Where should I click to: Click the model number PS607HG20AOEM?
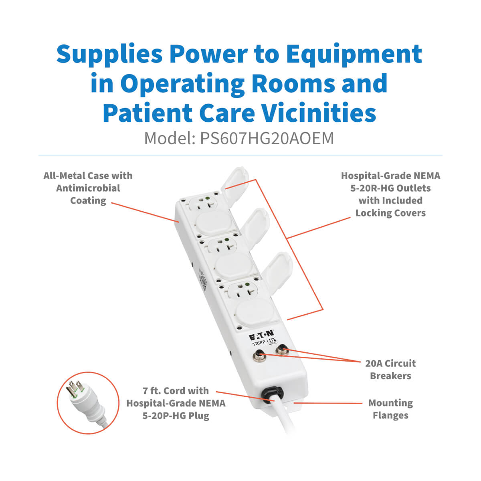(267, 139)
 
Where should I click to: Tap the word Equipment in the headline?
(354, 55)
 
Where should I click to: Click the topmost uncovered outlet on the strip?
(203, 202)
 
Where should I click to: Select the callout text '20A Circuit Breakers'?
(390, 370)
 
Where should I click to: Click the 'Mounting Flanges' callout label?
(390, 409)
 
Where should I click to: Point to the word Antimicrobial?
(88, 188)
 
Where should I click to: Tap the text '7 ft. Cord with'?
(176, 391)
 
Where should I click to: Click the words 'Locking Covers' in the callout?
(390, 213)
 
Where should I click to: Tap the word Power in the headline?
(208, 55)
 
